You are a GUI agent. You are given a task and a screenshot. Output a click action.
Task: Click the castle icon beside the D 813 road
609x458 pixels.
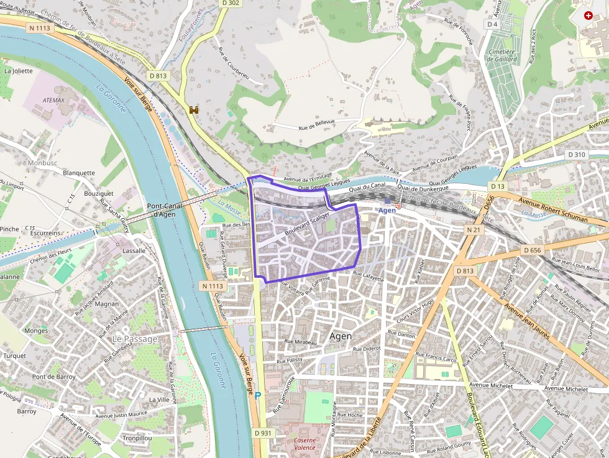point(193,110)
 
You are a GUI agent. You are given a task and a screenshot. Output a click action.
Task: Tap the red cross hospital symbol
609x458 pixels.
point(588,16)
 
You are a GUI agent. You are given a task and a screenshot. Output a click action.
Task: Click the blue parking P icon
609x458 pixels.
point(258,395)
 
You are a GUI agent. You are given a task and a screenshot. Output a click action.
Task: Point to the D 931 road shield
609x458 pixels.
point(263,433)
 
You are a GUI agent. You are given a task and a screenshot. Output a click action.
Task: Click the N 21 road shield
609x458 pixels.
point(474,230)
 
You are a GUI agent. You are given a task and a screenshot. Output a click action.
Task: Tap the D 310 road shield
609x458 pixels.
point(577,154)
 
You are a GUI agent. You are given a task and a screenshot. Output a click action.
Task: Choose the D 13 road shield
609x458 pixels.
point(498,186)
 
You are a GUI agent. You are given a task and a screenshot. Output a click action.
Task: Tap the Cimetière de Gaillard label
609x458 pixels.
point(502,56)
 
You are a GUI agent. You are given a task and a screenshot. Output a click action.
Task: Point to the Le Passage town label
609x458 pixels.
point(135,339)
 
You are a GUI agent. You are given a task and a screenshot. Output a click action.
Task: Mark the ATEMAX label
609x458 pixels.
point(53,99)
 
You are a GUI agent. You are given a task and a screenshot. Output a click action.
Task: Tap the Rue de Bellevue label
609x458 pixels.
point(316,124)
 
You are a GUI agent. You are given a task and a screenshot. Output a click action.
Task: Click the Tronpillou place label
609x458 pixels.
point(137,437)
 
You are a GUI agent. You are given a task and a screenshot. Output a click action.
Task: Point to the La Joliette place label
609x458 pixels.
point(18,71)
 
